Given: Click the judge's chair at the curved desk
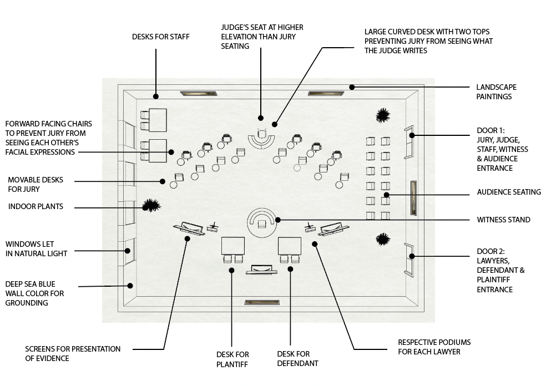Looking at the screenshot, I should [261, 134].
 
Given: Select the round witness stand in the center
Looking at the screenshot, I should [262, 221].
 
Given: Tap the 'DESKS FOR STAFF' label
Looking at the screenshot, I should [160, 37].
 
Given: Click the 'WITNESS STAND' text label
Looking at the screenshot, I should [503, 220].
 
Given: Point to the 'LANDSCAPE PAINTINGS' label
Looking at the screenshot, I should [496, 92].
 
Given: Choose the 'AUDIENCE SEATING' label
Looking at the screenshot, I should [508, 192].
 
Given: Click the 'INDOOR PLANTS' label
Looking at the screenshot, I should [36, 207].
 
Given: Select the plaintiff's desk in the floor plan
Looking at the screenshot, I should [233, 245].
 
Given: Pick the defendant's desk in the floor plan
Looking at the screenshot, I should [289, 245].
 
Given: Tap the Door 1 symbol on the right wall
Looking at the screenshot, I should [408, 141].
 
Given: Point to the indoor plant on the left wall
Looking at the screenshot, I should [150, 206].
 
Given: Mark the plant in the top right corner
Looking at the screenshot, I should [382, 115].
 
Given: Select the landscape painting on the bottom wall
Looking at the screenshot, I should [262, 302].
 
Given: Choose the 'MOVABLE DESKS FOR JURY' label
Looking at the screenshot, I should [35, 185].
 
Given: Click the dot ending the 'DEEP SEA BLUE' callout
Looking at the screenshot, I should [130, 286].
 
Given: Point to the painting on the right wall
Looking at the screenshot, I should [413, 197].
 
